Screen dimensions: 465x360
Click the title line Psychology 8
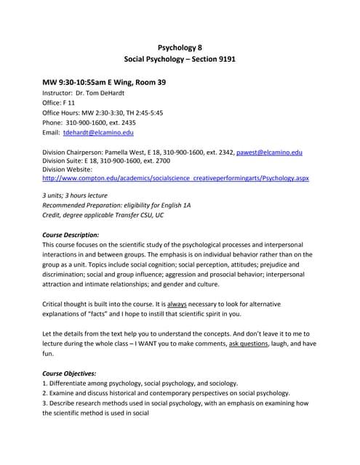click(180, 47)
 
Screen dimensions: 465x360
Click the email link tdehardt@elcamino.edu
click(98, 133)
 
